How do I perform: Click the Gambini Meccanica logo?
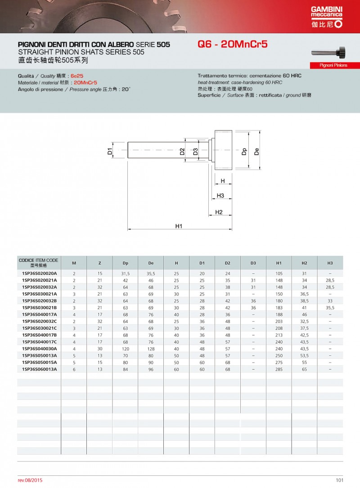(x=327, y=18)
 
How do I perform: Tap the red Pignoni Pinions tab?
(x=333, y=65)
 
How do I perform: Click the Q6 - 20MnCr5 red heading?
(x=233, y=45)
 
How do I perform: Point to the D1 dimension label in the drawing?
(x=110, y=151)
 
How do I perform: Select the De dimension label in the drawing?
(x=256, y=151)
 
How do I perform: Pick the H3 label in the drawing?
(x=220, y=196)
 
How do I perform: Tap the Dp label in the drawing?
(x=244, y=151)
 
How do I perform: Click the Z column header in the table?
(x=99, y=263)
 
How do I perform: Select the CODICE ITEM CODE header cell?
(x=39, y=263)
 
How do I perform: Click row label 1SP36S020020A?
(x=40, y=273)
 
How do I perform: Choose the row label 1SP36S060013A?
(x=40, y=369)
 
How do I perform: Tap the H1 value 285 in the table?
(x=279, y=369)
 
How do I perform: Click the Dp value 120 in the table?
(x=125, y=349)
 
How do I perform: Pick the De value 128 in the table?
(x=151, y=349)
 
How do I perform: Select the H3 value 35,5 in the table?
(x=330, y=308)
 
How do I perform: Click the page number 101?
(x=339, y=480)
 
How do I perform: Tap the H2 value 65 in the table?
(x=305, y=369)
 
